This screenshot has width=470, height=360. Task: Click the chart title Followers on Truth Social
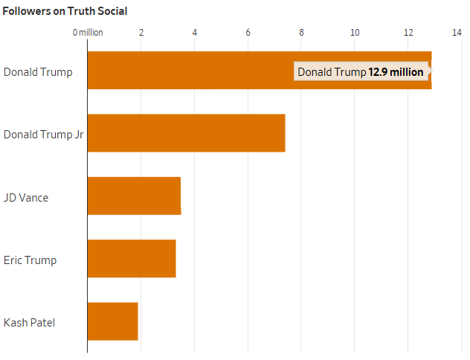[65, 11]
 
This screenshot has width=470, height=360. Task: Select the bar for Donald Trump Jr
[187, 133]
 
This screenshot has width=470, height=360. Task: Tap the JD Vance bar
[135, 196]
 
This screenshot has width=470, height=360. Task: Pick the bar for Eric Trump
[132, 258]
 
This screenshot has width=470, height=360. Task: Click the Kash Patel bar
[113, 321]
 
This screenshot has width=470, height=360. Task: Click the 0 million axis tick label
[88, 33]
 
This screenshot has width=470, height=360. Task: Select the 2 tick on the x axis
[141, 33]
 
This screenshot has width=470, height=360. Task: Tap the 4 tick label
[195, 33]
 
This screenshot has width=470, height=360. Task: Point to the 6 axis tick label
[248, 33]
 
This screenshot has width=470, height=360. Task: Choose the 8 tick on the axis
[301, 33]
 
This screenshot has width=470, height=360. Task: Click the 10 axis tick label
[355, 33]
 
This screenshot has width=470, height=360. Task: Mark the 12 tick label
[408, 33]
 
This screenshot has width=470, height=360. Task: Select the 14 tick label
[457, 33]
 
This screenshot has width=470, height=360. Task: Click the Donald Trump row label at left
[38, 73]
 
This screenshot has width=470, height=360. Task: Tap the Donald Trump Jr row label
[43, 135]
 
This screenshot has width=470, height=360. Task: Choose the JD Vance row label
[26, 198]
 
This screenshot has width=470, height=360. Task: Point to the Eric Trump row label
[30, 260]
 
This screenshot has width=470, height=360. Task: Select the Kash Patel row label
[30, 323]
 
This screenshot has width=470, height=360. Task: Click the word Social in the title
[112, 11]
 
